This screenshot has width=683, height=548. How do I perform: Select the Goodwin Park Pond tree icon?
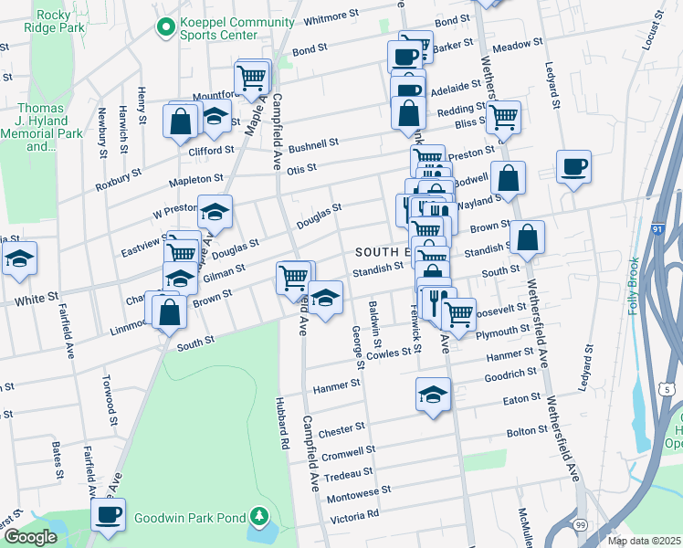click(x=260, y=518)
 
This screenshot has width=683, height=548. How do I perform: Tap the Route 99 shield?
click(x=579, y=524)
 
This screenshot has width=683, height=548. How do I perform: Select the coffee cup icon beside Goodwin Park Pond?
click(x=108, y=514)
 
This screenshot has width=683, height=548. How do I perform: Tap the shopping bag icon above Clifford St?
click(x=181, y=121)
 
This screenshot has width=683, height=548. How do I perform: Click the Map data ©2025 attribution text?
click(x=644, y=541)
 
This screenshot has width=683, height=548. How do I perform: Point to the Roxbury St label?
click(x=119, y=179)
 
